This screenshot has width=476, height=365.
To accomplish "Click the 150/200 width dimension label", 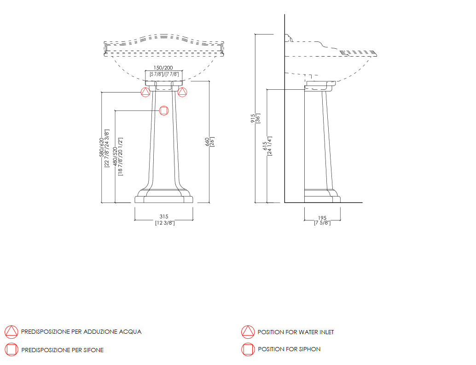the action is [x=163, y=68].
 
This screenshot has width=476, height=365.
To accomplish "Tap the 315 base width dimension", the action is [x=164, y=216].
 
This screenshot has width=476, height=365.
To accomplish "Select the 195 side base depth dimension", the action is [x=322, y=218].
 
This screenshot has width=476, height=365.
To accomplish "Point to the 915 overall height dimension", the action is [x=253, y=118].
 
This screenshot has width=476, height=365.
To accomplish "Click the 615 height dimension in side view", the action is [x=265, y=146].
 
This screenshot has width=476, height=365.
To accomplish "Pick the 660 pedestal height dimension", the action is [x=207, y=142].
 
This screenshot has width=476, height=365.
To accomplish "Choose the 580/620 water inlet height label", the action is [x=101, y=147].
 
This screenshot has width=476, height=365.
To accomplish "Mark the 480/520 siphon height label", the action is [x=115, y=156].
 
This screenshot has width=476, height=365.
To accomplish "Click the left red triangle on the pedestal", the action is [x=145, y=92].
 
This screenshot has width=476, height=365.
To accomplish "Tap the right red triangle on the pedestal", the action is [x=182, y=92].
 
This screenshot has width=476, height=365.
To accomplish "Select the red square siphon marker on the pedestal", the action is [x=164, y=110].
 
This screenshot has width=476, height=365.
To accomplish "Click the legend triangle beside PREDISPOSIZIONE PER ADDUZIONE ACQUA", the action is [x=12, y=332].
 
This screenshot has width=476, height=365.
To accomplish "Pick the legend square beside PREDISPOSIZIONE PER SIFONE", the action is [x=12, y=349].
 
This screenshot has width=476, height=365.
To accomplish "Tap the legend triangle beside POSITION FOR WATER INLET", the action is [x=248, y=332].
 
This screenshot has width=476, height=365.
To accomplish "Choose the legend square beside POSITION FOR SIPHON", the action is [x=248, y=349].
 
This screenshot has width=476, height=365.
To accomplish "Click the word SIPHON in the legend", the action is [x=310, y=349].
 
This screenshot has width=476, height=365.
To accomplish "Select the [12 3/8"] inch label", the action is [x=165, y=223].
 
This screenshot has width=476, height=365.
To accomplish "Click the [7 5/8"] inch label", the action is [x=322, y=223].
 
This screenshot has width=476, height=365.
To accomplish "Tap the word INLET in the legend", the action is [x=326, y=332].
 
